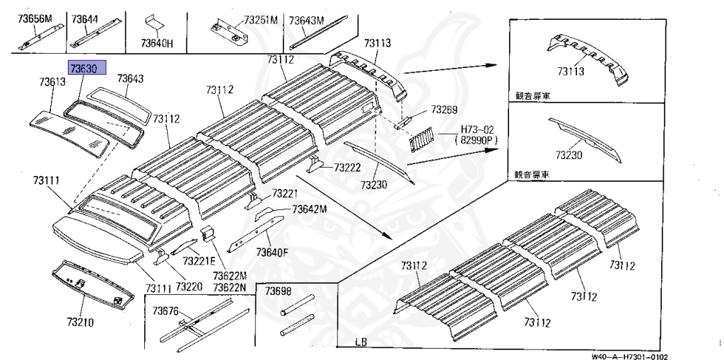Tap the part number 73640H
click(x=156, y=43)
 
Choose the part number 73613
click(x=52, y=83)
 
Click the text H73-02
click(x=479, y=129)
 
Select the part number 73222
click(x=348, y=168)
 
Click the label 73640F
click(x=271, y=252)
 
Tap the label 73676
click(x=167, y=311)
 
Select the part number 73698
click(x=278, y=291)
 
